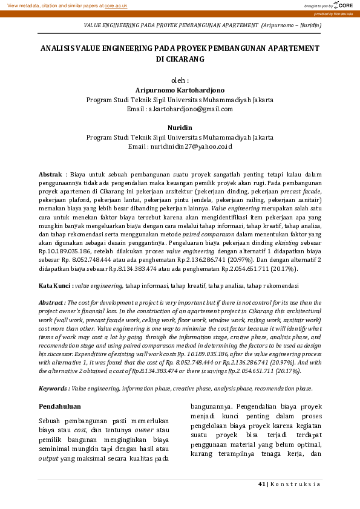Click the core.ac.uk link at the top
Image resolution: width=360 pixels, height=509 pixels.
coord(117,5)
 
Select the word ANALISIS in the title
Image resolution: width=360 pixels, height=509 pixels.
coord(58,47)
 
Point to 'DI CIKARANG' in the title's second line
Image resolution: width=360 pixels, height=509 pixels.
coord(180,59)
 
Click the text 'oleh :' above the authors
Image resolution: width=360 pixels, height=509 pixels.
coord(180,80)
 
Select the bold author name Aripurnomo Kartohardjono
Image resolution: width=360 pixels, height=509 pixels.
coord(180,89)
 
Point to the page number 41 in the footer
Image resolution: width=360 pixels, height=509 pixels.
coord(261,484)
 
